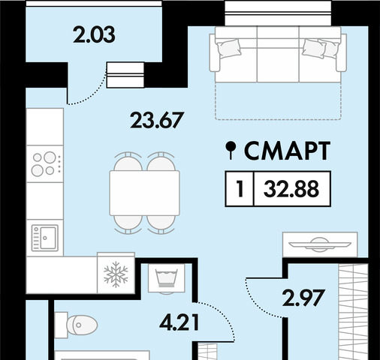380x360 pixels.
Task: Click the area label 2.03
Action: (94, 34)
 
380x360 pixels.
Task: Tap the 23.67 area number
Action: (157, 120)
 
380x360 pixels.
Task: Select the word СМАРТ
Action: (287, 151)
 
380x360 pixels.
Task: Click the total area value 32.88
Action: (291, 189)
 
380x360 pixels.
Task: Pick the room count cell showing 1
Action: (240, 189)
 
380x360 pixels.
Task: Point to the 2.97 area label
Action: (303, 298)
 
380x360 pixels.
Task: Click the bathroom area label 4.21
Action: (179, 322)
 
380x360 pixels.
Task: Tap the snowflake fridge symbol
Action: (116, 274)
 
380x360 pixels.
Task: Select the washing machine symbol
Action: (167, 278)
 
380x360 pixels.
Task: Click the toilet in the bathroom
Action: (76, 325)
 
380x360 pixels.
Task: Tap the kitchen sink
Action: (45, 238)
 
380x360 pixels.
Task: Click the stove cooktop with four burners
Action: (45, 163)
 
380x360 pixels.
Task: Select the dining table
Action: (144, 193)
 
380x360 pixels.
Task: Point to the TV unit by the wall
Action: (320, 244)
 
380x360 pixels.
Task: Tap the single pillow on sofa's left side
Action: (229, 49)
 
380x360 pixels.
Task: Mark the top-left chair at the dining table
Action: (128, 162)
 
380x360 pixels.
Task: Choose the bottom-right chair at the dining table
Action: (161, 224)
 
